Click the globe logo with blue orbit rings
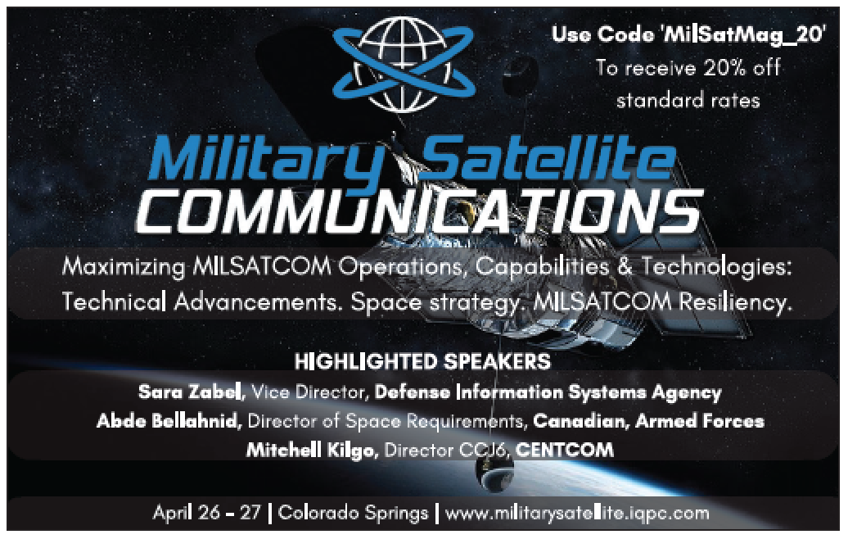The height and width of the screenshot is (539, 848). tap(404, 64)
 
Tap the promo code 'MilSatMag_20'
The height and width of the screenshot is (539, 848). tap(743, 35)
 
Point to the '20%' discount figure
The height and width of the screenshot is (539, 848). tap(724, 68)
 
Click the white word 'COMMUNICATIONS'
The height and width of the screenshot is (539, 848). tap(418, 211)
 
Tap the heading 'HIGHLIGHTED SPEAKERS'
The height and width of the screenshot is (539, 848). tap(422, 361)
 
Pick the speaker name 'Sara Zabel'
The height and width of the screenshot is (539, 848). tap(191, 392)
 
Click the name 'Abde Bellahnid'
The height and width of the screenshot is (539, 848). tap(169, 421)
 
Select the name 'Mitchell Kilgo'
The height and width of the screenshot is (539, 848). tap(312, 451)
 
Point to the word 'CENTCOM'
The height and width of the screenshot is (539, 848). tap(565, 450)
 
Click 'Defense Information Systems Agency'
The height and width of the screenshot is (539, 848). tap(548, 392)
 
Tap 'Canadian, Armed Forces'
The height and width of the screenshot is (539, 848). tap(648, 421)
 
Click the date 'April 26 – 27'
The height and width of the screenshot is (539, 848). tap(206, 513)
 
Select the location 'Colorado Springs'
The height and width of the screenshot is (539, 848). tap(353, 513)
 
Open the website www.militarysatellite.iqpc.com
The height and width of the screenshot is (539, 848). tap(577, 513)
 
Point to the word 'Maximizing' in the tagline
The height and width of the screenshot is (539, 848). tap(124, 267)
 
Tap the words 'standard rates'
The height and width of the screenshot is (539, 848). tap(688, 101)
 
